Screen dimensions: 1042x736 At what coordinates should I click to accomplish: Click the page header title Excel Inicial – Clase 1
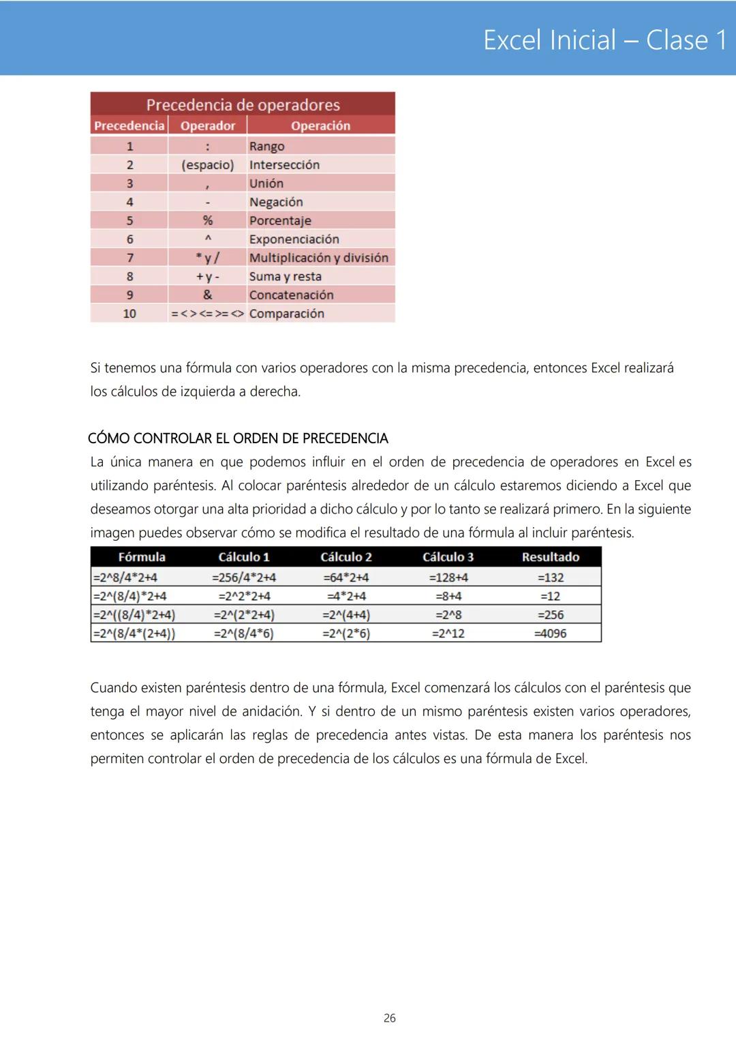pyautogui.click(x=604, y=40)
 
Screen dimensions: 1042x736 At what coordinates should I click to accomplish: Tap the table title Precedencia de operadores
pyautogui.click(x=243, y=105)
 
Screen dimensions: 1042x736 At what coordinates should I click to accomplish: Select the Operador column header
pyautogui.click(x=207, y=125)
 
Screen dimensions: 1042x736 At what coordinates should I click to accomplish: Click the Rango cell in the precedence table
pyautogui.click(x=266, y=146)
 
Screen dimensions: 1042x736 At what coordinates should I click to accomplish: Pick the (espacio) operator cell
pyautogui.click(x=207, y=165)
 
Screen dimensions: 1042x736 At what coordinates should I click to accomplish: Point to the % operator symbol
pyautogui.click(x=207, y=220)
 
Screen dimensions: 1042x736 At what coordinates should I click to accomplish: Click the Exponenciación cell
pyautogui.click(x=294, y=239)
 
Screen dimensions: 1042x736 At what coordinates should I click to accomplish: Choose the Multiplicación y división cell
pyautogui.click(x=318, y=258)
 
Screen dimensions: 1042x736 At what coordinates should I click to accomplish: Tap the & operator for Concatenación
pyautogui.click(x=207, y=295)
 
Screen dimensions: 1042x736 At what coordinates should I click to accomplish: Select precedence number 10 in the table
pyautogui.click(x=129, y=314)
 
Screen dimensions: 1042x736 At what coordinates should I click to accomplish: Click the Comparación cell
pyautogui.click(x=286, y=314)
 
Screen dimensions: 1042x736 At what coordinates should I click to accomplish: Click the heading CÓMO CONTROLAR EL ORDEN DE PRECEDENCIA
pyautogui.click(x=238, y=438)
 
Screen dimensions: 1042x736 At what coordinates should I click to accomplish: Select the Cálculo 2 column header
pyautogui.click(x=346, y=557)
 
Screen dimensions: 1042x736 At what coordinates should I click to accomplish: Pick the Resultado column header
pyautogui.click(x=550, y=557)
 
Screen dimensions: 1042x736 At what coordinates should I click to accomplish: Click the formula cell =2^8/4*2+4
pyautogui.click(x=125, y=578)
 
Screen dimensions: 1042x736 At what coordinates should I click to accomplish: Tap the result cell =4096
pyautogui.click(x=550, y=634)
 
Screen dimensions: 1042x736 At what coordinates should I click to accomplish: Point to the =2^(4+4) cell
pyautogui.click(x=346, y=615)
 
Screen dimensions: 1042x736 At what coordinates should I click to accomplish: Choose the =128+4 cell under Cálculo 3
pyautogui.click(x=448, y=578)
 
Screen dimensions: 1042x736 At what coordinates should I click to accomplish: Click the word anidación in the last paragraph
pyautogui.click(x=269, y=711)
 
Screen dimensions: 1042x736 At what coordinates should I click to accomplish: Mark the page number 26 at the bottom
pyautogui.click(x=389, y=1018)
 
